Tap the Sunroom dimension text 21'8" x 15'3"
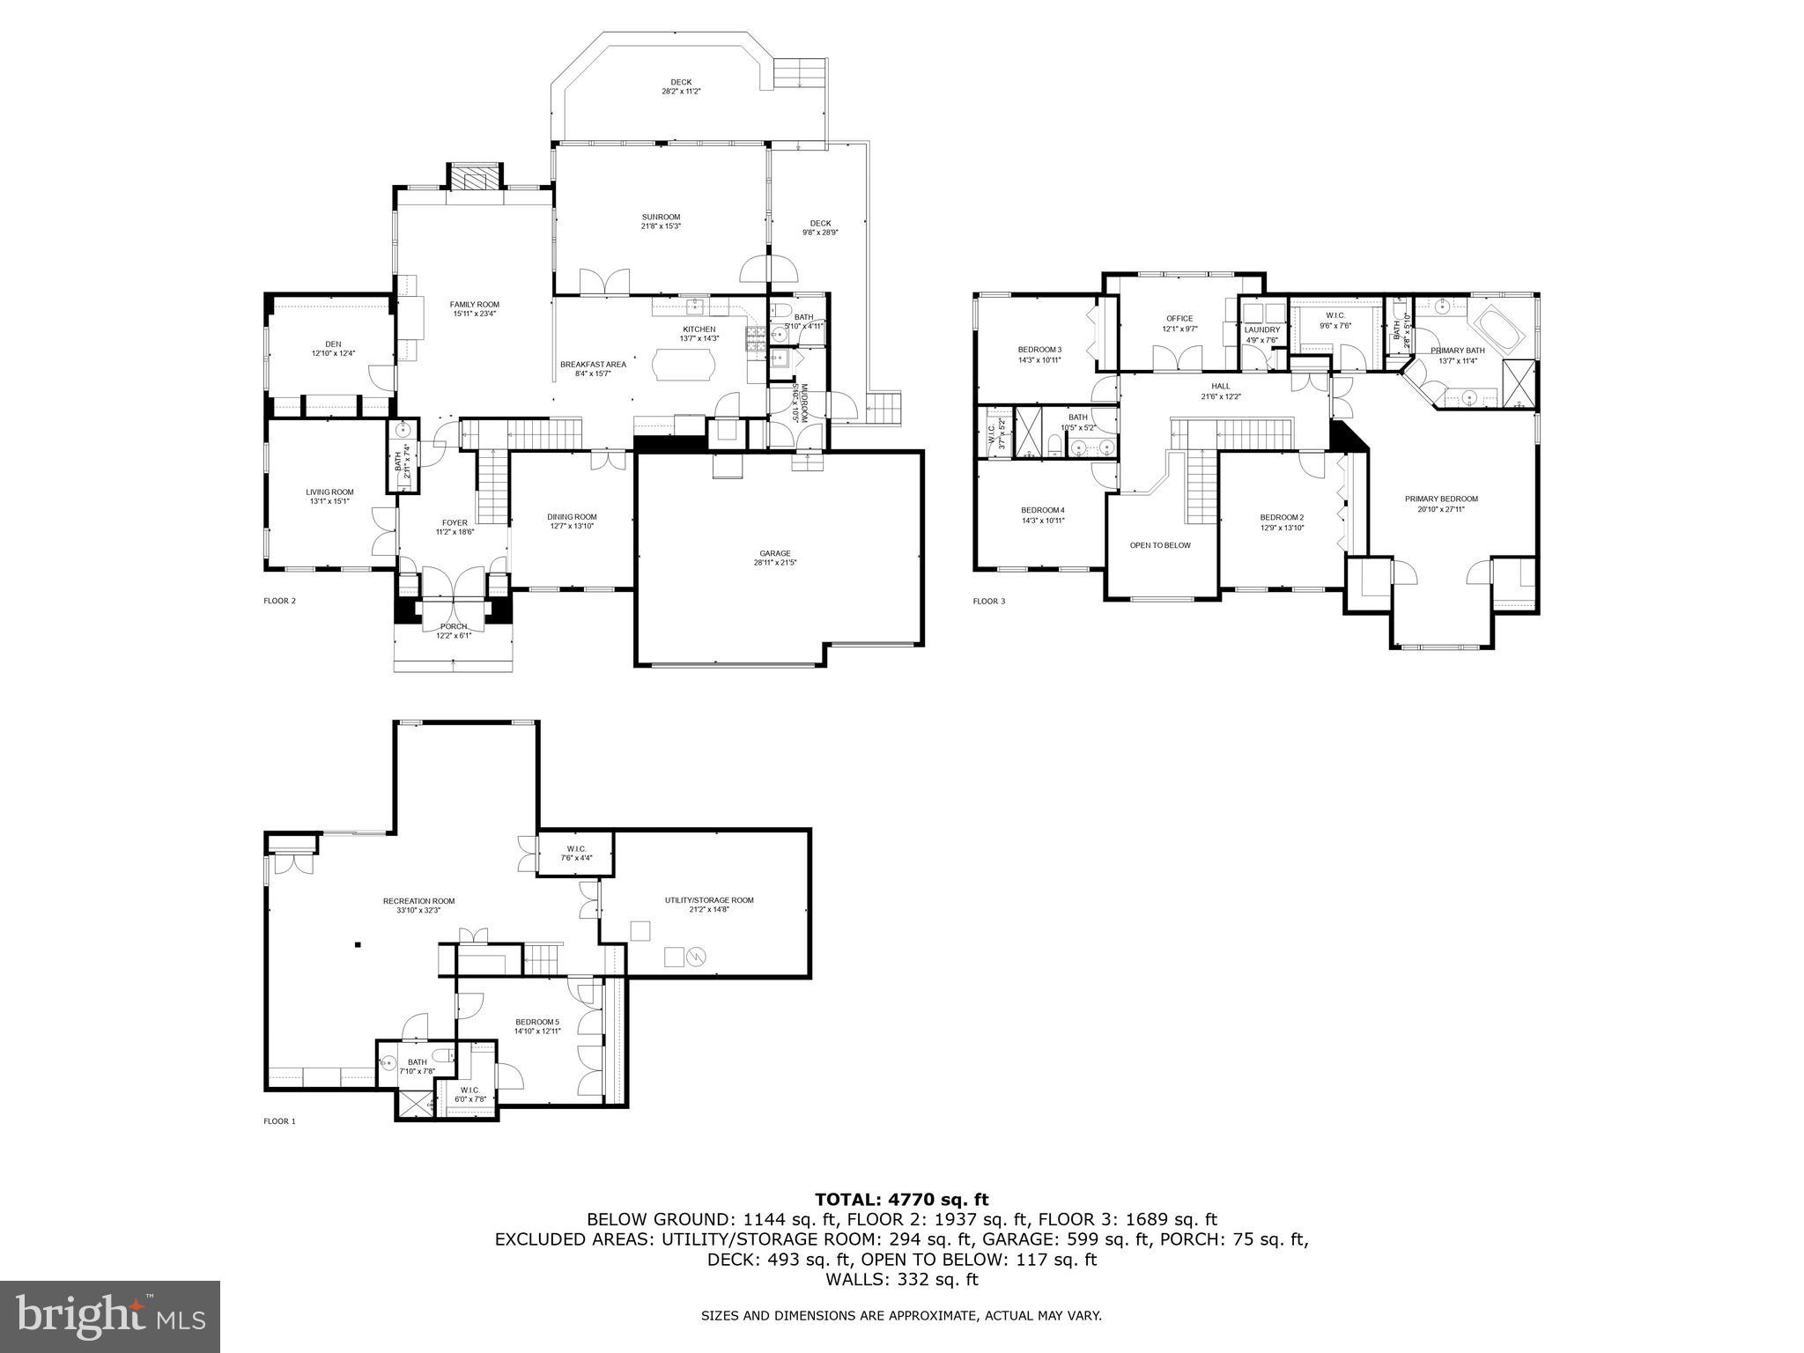[661, 226]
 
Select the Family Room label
[476, 304]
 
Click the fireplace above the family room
[476, 179]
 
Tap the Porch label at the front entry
[454, 626]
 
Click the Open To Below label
[1160, 545]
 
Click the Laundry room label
[1261, 330]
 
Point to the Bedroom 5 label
[537, 1022]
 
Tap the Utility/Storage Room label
[709, 900]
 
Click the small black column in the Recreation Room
[358, 945]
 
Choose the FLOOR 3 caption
[988, 602]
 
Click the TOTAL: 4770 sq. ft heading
[901, 1199]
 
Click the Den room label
[333, 344]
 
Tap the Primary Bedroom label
[1441, 499]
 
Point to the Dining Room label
[572, 517]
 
